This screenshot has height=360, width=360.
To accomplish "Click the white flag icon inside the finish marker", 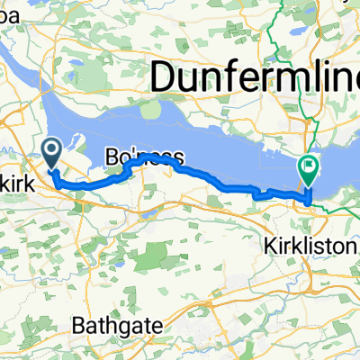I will pyautogui.click(x=309, y=165).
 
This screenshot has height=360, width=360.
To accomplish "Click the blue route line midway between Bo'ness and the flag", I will pyautogui.click(x=229, y=184).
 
